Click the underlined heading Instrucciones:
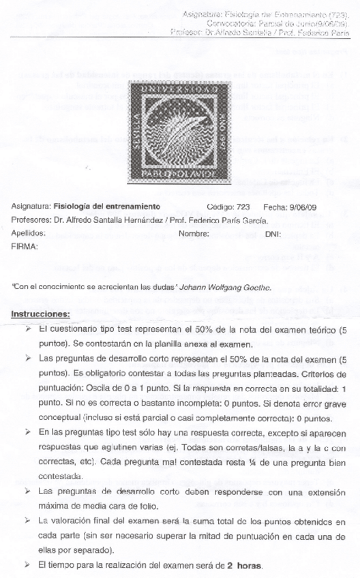41,314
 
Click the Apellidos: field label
29,232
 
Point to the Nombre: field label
193,232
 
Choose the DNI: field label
273,232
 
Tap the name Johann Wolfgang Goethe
228,288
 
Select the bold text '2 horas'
244,566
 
